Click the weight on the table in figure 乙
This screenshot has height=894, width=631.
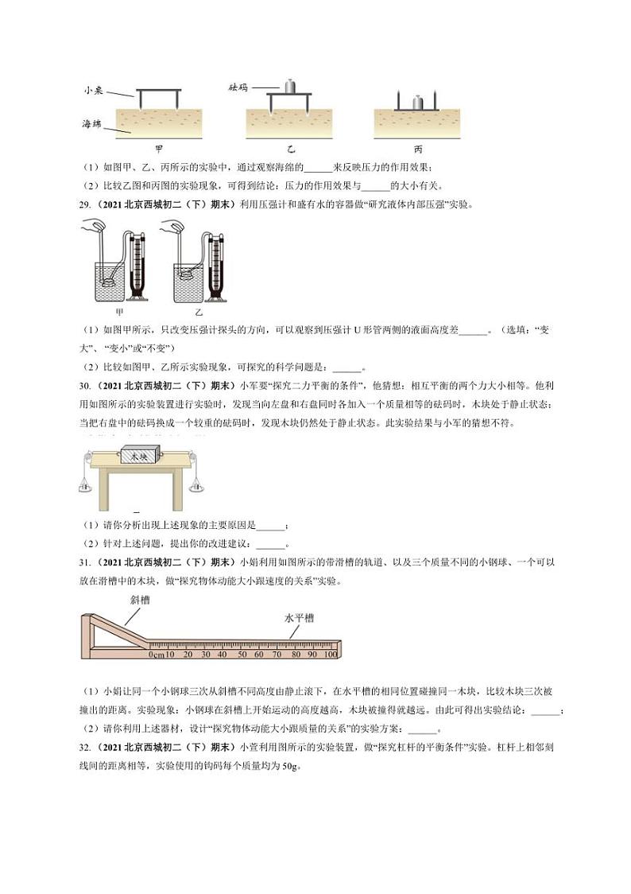(290, 86)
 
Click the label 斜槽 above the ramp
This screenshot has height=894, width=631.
(140, 601)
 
